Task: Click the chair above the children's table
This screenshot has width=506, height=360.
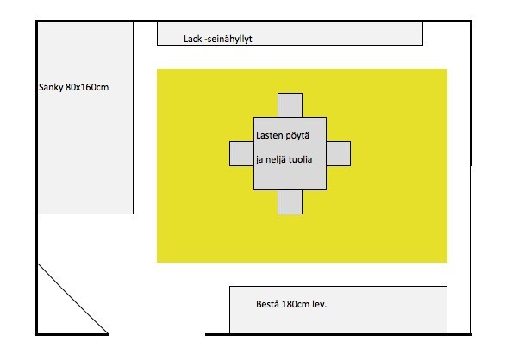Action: (290, 105)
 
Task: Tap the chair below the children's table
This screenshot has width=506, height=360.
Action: (290, 202)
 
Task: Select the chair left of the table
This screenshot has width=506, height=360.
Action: (241, 154)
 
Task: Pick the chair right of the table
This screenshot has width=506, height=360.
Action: (339, 154)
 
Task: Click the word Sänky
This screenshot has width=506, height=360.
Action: (51, 87)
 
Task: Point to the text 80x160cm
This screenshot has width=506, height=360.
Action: (87, 87)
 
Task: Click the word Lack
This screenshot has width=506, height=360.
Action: (192, 39)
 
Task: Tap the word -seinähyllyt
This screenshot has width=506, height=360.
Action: (228, 40)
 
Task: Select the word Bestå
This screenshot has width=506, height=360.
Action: (267, 304)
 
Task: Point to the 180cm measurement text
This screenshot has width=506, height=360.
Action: (296, 304)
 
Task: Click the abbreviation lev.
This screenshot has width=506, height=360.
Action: (320, 304)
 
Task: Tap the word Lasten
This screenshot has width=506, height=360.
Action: (270, 135)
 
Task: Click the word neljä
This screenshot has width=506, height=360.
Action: (275, 160)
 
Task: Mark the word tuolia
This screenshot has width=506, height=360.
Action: (300, 159)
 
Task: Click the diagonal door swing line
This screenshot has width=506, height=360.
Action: (73, 299)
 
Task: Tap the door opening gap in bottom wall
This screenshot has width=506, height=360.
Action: (157, 334)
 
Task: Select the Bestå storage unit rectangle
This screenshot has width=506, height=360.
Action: (338, 310)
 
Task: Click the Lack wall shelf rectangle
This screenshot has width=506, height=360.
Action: (290, 34)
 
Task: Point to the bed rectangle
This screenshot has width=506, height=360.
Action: (85, 118)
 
